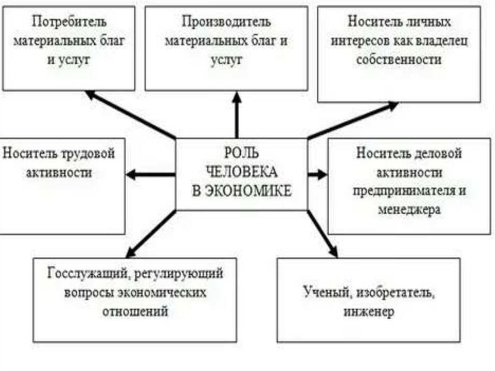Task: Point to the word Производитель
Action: coord(226,22)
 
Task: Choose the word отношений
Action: coord(135,311)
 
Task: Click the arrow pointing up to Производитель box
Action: coord(237,116)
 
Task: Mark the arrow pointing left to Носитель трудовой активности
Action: coord(150,175)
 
